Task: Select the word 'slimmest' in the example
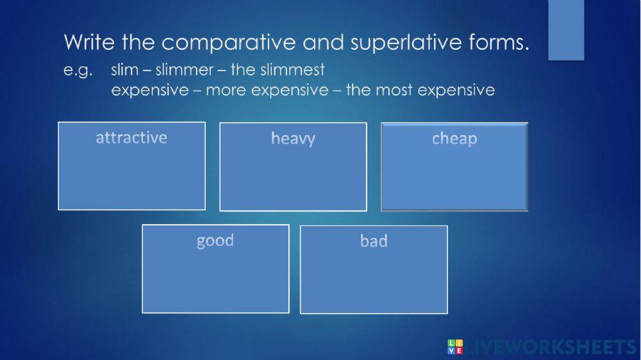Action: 296,69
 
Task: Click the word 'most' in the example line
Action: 394,90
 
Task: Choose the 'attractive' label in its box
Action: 131,138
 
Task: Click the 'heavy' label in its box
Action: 293,139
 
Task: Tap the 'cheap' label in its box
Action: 454,139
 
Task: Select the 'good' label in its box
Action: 215,241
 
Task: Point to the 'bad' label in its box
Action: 374,241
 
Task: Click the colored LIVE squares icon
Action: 454,347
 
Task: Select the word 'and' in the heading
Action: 321,43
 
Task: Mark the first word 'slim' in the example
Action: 124,69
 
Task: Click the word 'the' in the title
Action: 134,43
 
